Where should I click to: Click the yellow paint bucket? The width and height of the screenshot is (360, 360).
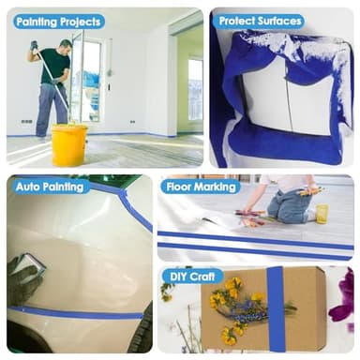point(69,145)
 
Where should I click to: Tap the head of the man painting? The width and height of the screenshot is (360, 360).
point(67,46)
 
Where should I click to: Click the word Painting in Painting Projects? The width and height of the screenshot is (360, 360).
point(37,22)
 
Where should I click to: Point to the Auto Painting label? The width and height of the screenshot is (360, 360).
point(50,187)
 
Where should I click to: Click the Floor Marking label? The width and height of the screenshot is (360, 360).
point(201,187)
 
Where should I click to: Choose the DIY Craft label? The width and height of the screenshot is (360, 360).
point(192,277)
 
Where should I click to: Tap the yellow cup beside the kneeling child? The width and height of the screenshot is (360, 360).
point(322,214)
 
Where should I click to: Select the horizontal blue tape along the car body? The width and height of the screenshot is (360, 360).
point(75,313)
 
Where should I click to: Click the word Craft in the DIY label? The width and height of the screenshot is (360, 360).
point(202,277)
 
